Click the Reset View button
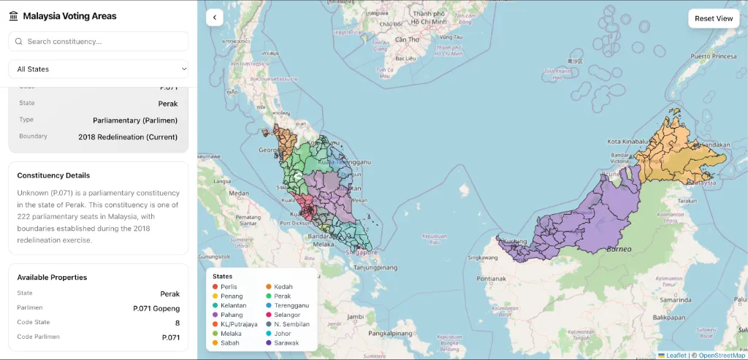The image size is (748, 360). tap(713, 18)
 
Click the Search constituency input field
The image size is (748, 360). tap(99, 42)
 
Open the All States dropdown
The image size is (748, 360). tap(99, 69)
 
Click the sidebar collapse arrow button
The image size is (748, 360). tap(214, 18)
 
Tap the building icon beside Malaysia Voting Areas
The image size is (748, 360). tap(14, 16)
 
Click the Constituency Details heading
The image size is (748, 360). tap(53, 175)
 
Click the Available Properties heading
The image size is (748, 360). tap(52, 277)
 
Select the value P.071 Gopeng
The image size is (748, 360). tap(156, 308)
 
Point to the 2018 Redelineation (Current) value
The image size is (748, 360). tap(128, 137)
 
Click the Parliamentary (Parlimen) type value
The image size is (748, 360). tap(135, 120)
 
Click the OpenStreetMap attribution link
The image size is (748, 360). tap(722, 356)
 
